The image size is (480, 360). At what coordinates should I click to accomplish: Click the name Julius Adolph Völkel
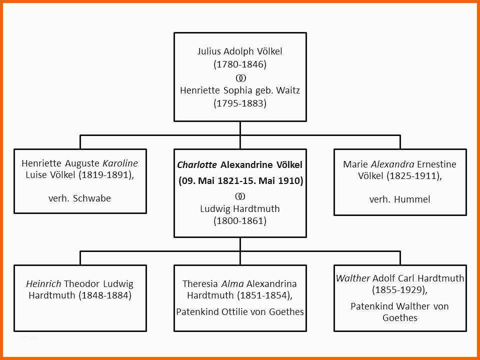240,51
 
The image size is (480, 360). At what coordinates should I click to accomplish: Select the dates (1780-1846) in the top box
240,64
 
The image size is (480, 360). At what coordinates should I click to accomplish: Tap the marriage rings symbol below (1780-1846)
240,78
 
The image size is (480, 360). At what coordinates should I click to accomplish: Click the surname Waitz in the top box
288,90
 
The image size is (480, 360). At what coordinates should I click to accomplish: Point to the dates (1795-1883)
240,103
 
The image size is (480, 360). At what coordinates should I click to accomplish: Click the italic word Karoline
120,163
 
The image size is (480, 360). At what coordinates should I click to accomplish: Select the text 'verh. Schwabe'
79,198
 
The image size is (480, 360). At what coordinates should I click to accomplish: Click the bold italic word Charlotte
197,164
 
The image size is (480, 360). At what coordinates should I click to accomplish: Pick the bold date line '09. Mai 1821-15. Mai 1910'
240,180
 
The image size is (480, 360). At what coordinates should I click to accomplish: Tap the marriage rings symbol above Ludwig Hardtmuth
240,195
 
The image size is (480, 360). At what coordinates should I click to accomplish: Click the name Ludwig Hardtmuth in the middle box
240,208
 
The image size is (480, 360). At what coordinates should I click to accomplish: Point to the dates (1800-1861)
240,221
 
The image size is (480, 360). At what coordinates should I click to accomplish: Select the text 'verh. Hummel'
399,199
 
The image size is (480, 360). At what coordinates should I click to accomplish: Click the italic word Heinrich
44,283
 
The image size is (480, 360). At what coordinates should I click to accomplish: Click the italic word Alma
232,283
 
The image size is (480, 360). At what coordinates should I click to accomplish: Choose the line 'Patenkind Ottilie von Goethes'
240,311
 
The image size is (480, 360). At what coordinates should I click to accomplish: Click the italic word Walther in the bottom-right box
353,278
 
